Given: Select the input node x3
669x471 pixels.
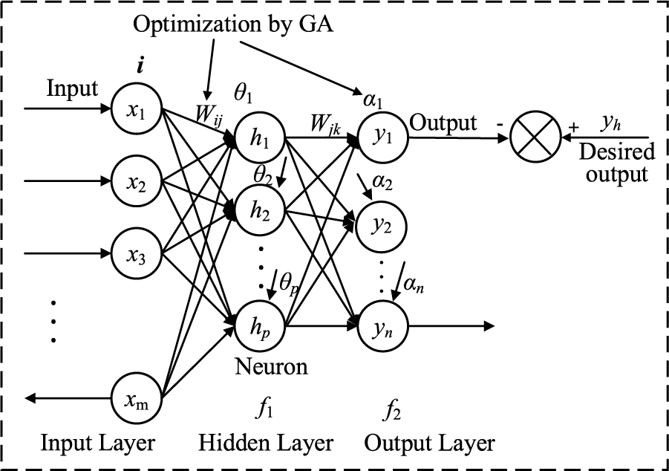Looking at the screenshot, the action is pos(137,254).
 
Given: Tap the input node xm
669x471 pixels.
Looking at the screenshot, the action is pos(137,398).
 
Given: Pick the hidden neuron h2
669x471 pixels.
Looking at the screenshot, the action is pos(260,210).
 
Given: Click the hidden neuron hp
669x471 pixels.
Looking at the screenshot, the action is pos(260,326).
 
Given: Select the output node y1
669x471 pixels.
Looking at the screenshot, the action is pos(382,137).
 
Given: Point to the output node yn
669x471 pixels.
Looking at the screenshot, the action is pos(382,327).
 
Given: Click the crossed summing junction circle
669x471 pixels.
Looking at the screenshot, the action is pos(535,137).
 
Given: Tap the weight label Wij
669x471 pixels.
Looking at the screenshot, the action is pos(209,115).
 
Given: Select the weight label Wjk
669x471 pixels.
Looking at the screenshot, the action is pos(325,125).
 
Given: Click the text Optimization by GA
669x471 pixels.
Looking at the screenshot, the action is pos(233,24).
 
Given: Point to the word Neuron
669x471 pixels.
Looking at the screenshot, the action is pos(271,366).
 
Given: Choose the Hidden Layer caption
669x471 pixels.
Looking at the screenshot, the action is pos(265,444).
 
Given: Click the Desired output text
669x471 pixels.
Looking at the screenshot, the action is pos(616,162).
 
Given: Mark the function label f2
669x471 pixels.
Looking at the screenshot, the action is pos(392,411).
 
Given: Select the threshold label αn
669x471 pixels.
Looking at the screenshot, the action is pos(414,284).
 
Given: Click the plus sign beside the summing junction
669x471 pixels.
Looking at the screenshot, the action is pos(574,127).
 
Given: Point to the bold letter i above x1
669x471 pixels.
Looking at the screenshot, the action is pos(140,66).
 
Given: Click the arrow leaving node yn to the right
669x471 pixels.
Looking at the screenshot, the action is pos(451,327).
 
